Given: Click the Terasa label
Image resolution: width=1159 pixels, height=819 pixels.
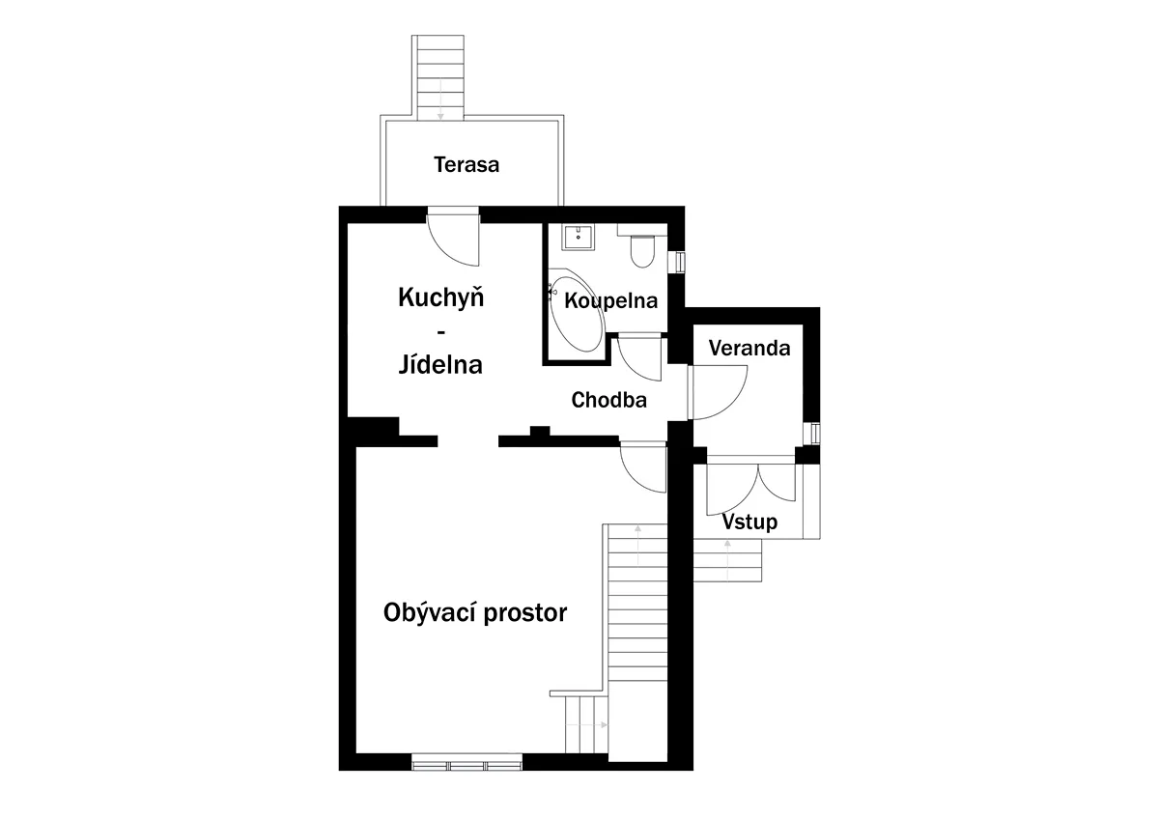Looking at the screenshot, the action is pos(466,165).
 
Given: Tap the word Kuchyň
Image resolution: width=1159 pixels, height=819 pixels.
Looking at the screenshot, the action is pos(440,297).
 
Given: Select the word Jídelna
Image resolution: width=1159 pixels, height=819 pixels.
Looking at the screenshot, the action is pos(440,364).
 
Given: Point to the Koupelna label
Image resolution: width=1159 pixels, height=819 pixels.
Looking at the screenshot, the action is pos(611,300).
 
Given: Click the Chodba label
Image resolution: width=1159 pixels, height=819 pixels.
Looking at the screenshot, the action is pos(609,400).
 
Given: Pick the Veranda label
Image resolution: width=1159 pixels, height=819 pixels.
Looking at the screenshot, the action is pos(749,349).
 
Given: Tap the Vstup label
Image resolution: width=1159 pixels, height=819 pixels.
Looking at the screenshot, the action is pos(749,522).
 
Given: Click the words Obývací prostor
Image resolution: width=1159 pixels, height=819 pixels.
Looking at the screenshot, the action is pos(475,613).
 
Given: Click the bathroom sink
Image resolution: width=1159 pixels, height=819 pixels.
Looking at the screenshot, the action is pos(578,238).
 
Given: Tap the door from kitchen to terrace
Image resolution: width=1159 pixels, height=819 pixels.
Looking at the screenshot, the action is pos(453,237).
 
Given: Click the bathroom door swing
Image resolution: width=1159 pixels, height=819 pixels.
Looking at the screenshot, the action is pos(640,358).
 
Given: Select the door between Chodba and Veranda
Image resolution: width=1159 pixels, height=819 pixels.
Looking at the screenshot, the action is pos(718,392).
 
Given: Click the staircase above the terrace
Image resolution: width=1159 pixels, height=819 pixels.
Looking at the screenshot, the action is pos(438,77).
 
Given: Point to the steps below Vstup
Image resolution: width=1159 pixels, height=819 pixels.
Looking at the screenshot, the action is pos(727,560).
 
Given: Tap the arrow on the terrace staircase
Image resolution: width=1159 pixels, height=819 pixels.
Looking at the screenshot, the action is pos(440,99).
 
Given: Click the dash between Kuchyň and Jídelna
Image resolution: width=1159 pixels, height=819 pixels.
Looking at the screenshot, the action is pos(440,331).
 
